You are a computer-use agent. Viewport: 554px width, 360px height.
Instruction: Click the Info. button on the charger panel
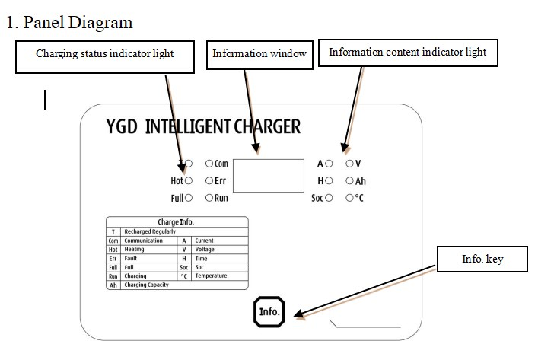coord(269,311)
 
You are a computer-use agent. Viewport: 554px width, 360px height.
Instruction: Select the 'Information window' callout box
coord(259,54)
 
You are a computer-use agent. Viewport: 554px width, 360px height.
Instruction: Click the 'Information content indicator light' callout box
coord(407,53)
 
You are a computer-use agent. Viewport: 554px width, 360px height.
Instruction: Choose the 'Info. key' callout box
coord(482,260)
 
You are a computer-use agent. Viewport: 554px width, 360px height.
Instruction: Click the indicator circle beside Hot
coord(189,181)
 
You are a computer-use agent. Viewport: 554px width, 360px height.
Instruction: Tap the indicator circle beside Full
coord(189,198)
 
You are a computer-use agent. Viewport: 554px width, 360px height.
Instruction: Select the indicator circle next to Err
coord(209,181)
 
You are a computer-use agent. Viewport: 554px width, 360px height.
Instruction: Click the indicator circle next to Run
coord(209,198)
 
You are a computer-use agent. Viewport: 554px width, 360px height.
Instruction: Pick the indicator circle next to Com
coord(209,164)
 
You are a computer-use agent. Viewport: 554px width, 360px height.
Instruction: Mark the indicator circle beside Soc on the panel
coord(329,198)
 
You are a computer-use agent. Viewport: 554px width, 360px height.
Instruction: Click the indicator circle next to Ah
coord(349,181)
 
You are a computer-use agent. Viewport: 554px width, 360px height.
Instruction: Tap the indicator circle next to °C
coord(349,198)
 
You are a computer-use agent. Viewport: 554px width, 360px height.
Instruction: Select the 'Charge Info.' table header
coord(177,222)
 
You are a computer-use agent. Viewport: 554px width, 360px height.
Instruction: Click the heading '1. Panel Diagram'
coord(69,22)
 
